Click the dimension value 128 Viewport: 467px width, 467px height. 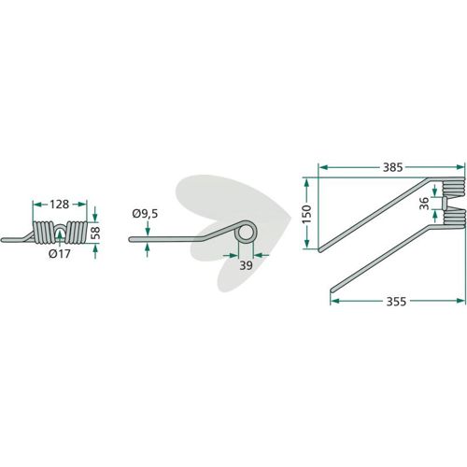tap(59, 205)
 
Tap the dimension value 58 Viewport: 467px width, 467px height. tap(96, 233)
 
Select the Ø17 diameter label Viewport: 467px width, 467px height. tap(60, 254)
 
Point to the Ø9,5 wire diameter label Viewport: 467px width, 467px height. tap(145, 214)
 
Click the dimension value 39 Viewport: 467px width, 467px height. tap(246, 265)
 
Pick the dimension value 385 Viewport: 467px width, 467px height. tap(393, 167)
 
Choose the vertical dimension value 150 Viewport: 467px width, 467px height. tap(306, 214)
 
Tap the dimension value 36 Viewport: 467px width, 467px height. tap(424, 204)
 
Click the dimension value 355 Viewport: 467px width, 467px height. tap(396, 302)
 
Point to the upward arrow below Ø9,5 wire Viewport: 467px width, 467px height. tap(147, 251)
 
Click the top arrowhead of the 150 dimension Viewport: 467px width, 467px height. tap(306, 183)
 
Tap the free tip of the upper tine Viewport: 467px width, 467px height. tap(319, 249)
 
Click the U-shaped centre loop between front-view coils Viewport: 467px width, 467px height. tap(60, 229)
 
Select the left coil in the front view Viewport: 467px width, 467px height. tap(44, 232)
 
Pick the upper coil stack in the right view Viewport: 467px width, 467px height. tap(453, 188)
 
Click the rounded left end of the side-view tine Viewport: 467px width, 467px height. tap(131, 239)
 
